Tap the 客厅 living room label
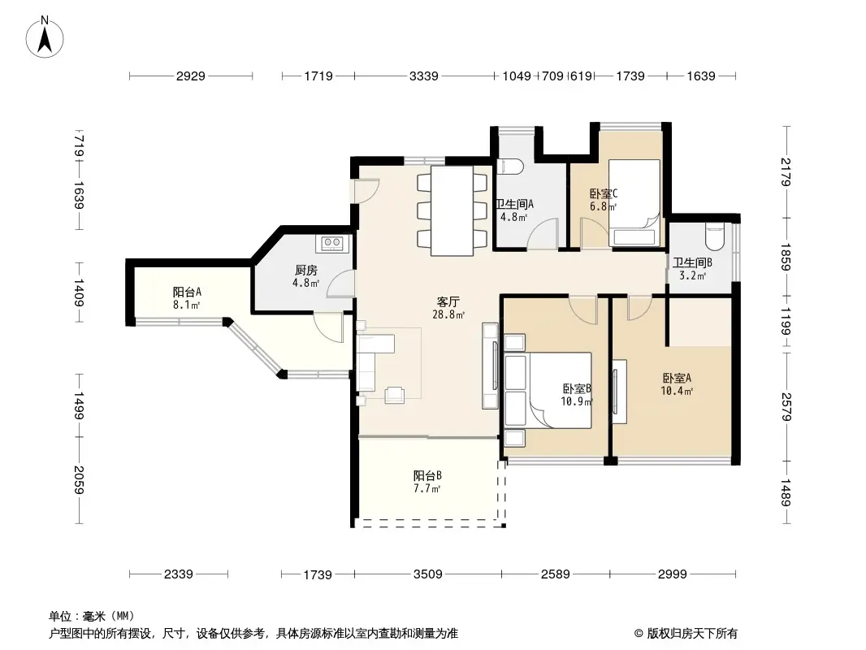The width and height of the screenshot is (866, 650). coord(448,301)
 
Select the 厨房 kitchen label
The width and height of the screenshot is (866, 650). coord(305,271)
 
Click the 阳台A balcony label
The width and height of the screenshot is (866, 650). coord(187,292)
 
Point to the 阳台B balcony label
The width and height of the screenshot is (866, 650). coord(427,476)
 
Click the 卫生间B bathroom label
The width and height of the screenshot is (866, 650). coord(692,262)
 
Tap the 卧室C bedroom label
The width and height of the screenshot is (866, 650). coord(604,193)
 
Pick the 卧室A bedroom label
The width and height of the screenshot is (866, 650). coord(677,378)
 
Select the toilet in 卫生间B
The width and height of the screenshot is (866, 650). coord(714,236)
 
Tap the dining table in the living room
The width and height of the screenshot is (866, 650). coord(451,210)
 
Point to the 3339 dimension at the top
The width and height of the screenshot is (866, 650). coord(423,76)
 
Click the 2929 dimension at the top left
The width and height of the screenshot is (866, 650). coord(190,76)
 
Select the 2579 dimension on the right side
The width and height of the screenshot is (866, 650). coord(785,405)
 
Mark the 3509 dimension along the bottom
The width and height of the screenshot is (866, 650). coord(427,574)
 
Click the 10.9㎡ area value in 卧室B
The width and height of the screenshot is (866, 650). coord(576,401)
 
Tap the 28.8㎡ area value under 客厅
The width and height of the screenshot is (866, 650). coord(448,314)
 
